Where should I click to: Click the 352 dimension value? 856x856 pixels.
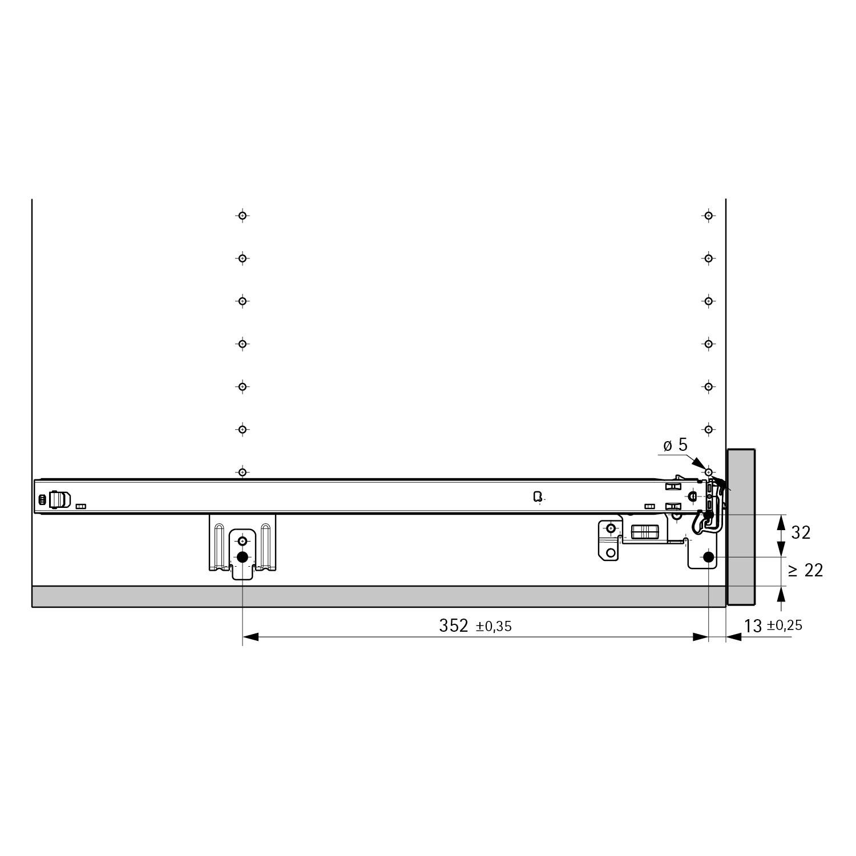tap(454, 625)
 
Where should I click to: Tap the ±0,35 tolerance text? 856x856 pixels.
tap(494, 627)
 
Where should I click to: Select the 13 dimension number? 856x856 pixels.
tap(753, 626)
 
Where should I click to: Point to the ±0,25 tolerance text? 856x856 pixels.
tap(785, 625)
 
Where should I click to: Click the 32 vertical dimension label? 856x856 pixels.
tap(801, 532)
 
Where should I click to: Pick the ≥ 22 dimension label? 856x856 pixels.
tap(805, 570)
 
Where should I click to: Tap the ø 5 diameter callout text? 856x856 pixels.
tap(675, 445)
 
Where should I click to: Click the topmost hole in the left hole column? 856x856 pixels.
tap(243, 216)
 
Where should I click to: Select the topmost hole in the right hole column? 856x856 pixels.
tap(708, 216)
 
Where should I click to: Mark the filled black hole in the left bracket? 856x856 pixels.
tap(243, 557)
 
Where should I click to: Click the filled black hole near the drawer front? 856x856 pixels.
tap(708, 557)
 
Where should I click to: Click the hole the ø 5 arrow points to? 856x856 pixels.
tap(708, 473)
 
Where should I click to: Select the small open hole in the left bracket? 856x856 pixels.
tap(243, 540)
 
